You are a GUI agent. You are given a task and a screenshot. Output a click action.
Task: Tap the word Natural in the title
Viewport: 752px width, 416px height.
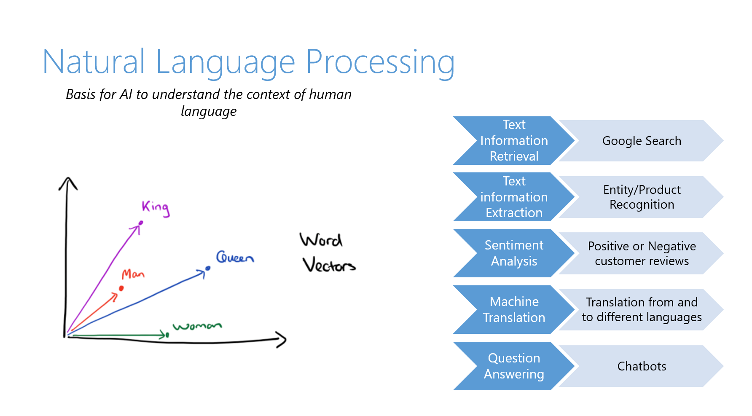point(94,62)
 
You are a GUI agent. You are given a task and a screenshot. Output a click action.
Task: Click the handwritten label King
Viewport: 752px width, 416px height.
point(156,207)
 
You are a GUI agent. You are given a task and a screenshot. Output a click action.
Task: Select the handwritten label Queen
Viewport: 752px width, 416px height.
point(235,257)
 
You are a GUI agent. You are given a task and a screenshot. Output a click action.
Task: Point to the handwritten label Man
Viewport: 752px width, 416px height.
point(133,274)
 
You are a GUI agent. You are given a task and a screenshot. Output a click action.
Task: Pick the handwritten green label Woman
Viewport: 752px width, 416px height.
point(197,326)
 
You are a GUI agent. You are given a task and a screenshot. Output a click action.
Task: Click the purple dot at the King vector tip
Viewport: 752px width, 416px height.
point(141,223)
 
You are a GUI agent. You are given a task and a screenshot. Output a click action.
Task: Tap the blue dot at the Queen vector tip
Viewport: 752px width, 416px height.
point(208,268)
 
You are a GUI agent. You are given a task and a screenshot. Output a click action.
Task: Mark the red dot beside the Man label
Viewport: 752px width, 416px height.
point(121,288)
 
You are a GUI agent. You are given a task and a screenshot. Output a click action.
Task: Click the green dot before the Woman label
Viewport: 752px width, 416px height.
point(167,335)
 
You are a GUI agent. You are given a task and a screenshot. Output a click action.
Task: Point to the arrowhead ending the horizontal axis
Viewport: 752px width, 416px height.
point(282,339)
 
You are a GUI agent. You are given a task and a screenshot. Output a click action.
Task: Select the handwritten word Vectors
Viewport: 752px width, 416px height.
point(329,265)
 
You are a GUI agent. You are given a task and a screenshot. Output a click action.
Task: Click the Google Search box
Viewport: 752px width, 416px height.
point(641,141)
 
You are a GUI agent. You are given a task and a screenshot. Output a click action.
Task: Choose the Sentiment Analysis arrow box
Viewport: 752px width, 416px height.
point(513,253)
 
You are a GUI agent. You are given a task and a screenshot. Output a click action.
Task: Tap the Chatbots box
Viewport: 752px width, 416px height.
point(641,366)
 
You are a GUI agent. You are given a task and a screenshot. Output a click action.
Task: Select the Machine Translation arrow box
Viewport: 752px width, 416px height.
point(513,310)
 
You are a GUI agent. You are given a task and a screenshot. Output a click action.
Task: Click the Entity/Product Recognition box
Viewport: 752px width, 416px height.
point(641,197)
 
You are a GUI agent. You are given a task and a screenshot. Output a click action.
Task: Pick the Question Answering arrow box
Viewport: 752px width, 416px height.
point(513,366)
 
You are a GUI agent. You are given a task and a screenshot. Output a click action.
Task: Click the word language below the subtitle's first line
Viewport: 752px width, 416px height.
point(209,112)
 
